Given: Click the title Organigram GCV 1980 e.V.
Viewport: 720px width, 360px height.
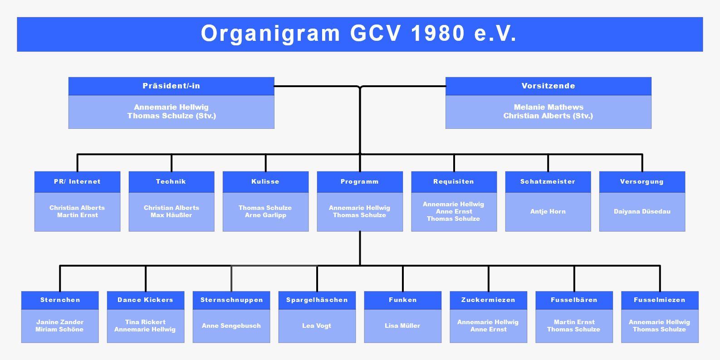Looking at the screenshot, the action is pos(359,34).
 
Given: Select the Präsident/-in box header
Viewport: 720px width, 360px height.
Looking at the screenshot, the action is pos(171,86).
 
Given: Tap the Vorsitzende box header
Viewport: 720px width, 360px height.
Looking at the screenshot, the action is pos(549,86).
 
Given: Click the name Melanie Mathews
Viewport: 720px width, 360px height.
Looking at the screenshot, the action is pos(549,107).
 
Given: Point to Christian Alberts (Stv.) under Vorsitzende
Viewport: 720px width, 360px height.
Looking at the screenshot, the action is pos(548,116).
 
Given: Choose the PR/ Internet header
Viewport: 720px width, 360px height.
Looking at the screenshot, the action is pos(77,182).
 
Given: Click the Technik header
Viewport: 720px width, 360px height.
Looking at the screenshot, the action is pos(171,182).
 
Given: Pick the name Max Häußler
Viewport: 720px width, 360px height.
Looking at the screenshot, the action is pos(171,215).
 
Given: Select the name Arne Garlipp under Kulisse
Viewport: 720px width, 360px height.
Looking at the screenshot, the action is pos(265,215).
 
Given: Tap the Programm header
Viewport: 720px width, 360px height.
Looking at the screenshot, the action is pos(360,182).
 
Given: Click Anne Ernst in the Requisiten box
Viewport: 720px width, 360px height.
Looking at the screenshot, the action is pos(454,212).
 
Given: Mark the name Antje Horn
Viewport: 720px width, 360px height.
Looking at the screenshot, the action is pos(548,212).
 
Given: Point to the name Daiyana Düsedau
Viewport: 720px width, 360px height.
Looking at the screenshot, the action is pos(642,212).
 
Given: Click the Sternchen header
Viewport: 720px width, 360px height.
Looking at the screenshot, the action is pos(60,300).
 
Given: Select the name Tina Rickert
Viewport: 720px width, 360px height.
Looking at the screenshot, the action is pos(145,322).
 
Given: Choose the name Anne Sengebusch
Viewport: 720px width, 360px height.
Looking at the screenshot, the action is pos(231,326).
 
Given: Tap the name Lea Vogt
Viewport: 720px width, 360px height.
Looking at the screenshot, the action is pos(317,326).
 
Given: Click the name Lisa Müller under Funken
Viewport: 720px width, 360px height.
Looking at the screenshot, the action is pos(402,326).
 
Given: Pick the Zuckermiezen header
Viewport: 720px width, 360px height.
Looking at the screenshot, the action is pos(488,300).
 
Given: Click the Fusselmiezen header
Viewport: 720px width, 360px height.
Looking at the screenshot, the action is pos(660,300).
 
